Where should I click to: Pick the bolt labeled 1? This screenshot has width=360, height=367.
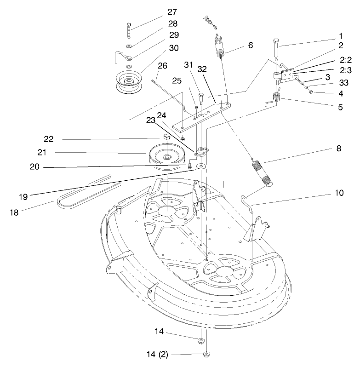275,48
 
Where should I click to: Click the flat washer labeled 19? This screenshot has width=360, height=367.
201,166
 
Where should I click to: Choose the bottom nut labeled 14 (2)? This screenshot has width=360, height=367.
206,354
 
